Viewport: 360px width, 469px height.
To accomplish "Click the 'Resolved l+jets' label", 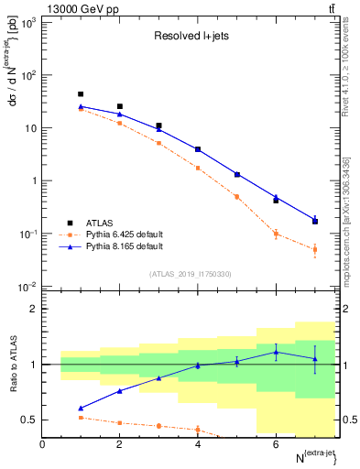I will coord(191,37).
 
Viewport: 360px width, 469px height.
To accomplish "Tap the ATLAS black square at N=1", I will coord(81,94).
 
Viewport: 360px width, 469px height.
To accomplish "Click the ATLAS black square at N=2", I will coord(120,106).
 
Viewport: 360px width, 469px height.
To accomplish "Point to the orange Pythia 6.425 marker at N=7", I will coord(315,249).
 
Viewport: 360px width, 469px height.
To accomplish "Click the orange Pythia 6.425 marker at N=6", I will coord(276,234).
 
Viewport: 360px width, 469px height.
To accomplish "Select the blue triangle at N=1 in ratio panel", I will coord(81,409).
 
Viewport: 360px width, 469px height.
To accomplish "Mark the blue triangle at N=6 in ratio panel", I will coord(276,352).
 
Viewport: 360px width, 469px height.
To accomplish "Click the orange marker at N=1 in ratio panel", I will coord(81,418).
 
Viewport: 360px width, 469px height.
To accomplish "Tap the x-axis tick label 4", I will coord(198,444).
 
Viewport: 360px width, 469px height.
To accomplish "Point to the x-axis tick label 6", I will coord(276,444).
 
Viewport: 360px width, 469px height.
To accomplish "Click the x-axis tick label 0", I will coord(42,444).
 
